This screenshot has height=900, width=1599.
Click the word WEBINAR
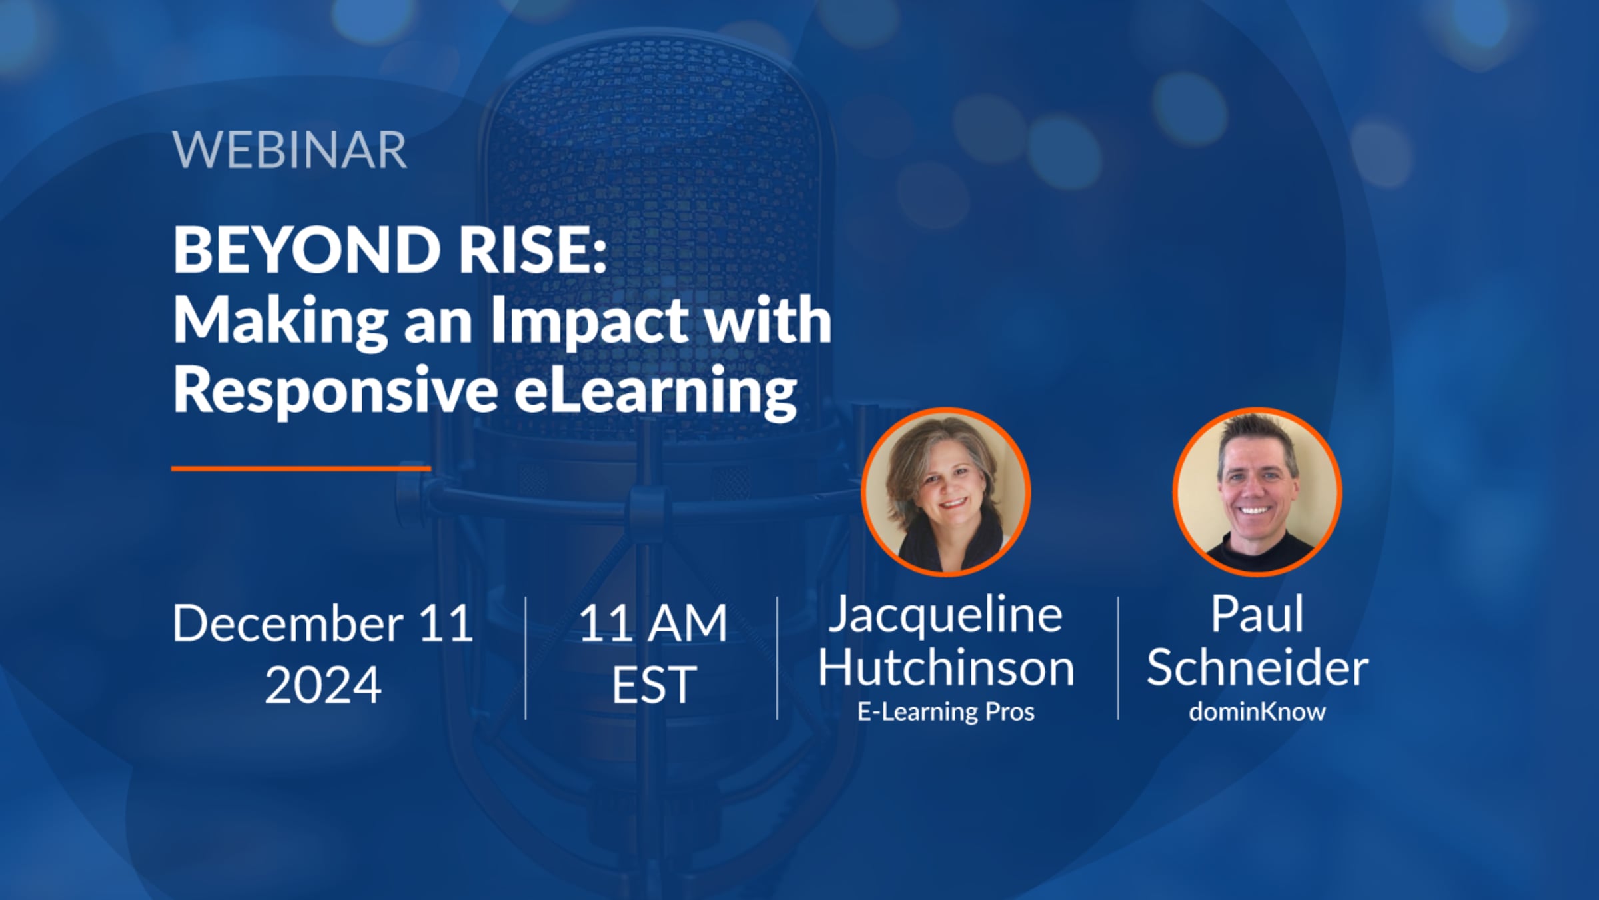click(290, 151)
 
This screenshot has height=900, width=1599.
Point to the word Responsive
click(335, 392)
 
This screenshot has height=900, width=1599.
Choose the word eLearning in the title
click(656, 392)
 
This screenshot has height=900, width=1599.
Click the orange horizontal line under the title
click(301, 469)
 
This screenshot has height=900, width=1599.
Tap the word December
click(288, 623)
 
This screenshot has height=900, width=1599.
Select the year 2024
click(323, 685)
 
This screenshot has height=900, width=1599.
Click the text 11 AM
click(653, 624)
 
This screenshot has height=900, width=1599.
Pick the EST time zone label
click(654, 685)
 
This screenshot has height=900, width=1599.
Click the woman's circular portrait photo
click(946, 492)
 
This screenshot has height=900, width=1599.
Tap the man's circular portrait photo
click(1257, 492)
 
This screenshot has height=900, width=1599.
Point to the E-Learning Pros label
click(946, 712)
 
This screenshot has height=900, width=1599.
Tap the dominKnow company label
click(1257, 711)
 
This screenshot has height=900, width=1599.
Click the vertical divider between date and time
click(526, 658)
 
